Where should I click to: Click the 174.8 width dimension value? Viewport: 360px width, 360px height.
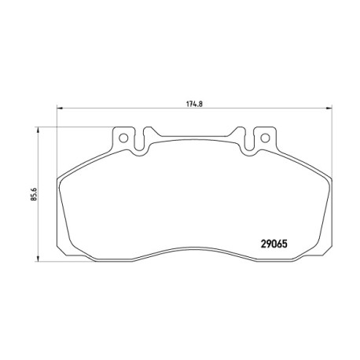pyautogui.click(x=195, y=104)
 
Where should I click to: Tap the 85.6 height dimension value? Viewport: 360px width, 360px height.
pyautogui.click(x=34, y=194)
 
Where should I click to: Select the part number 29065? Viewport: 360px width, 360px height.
pyautogui.click(x=274, y=244)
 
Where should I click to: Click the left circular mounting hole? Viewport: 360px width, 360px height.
pyautogui.click(x=123, y=138)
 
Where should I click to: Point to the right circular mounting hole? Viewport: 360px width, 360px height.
pyautogui.click(x=265, y=138)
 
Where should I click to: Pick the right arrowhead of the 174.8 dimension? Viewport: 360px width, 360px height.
pyautogui.click(x=329, y=108)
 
